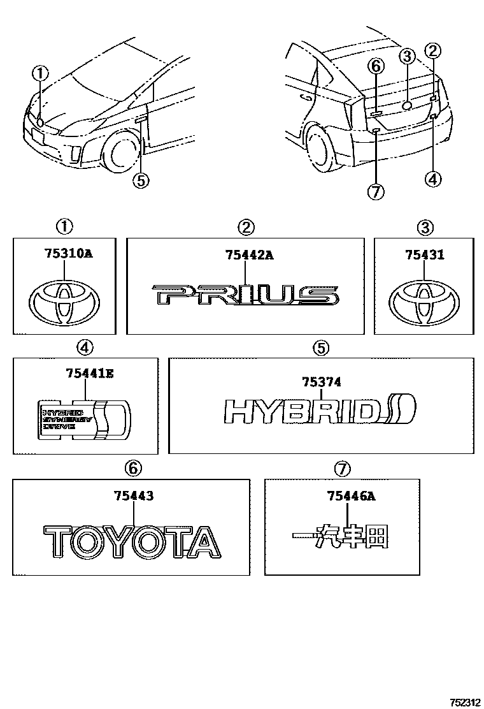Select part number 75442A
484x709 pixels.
249,254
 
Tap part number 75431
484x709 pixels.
425,254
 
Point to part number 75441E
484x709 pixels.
89,374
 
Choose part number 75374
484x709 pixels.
322,383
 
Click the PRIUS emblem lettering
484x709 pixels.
246,295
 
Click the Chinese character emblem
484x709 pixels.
340,537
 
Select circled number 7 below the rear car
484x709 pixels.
376,191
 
